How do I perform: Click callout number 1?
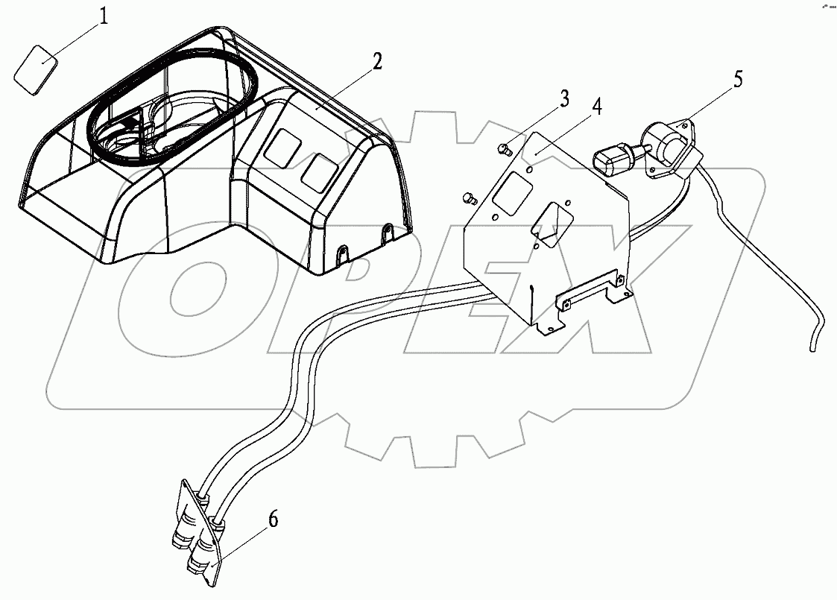pos(104,16)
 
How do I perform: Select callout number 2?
pos(377,62)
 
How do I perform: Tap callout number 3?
pos(564,98)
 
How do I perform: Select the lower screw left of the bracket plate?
pos(469,197)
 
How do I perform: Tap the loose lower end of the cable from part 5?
pos(811,344)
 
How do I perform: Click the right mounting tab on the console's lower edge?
pos(386,234)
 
